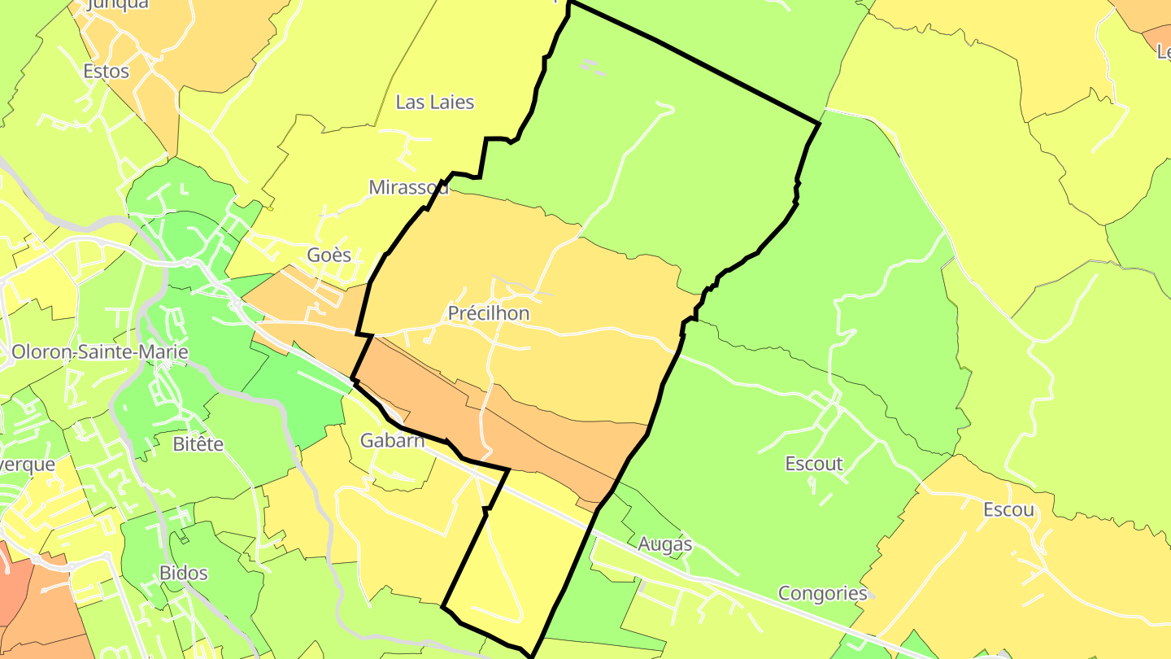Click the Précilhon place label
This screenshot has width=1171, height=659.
coord(488,313)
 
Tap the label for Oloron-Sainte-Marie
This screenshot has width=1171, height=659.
coord(100,352)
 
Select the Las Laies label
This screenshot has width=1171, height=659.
coord(434,102)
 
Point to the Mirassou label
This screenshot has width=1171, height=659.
coord(408,187)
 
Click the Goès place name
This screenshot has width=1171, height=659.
coord(329,255)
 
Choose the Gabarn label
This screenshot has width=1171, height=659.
coord(393,441)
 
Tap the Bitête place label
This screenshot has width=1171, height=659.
coord(198,444)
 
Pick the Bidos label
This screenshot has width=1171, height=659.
coord(184,573)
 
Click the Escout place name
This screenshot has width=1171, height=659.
coord(814,464)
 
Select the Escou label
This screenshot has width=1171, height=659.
coord(1008,510)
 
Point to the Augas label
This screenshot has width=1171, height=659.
coord(665,543)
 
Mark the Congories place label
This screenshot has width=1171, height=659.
coord(823,593)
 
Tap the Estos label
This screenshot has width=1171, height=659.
coord(107,71)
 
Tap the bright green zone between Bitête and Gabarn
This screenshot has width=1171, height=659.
coord(301,391)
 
